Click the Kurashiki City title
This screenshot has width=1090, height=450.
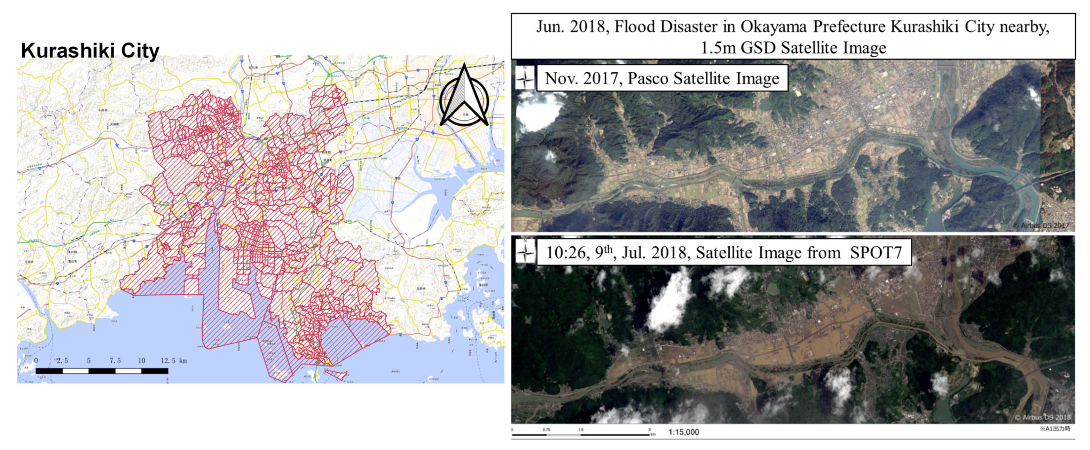coord(90,50)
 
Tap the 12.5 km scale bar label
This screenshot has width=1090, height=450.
coord(173,361)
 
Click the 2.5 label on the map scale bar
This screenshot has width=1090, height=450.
coord(62,361)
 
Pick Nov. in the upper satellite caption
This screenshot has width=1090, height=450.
coord(559,78)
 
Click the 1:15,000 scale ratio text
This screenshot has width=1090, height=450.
coord(684,432)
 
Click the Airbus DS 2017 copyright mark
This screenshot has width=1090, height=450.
coord(1042,226)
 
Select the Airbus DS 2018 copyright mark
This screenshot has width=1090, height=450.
coord(1043,417)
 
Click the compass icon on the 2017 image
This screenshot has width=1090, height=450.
coord(525,78)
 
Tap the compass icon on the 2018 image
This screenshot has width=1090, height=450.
coord(525,252)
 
